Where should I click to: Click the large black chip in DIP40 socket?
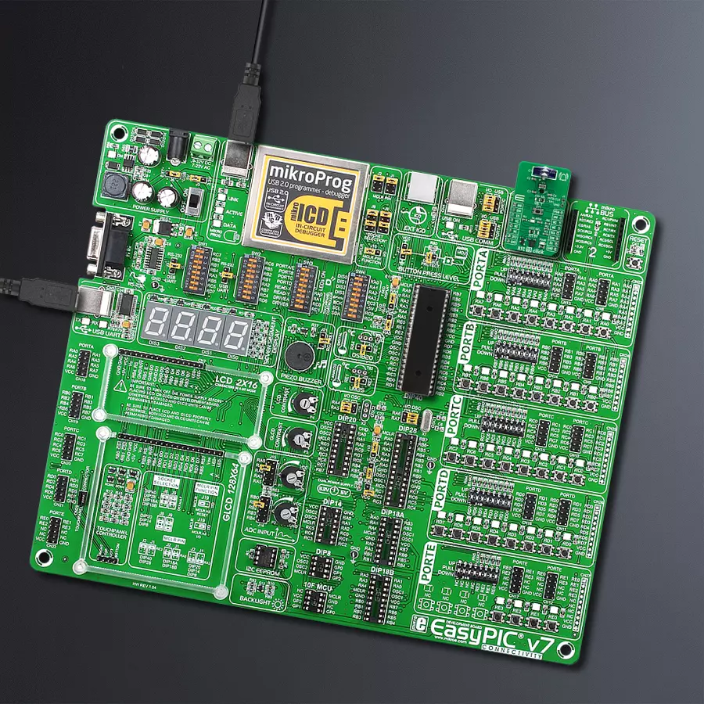(x=422, y=337)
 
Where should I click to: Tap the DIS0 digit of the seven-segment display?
(x=232, y=328)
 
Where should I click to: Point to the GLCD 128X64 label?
(x=233, y=495)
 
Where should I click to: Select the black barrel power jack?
(x=178, y=146)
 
